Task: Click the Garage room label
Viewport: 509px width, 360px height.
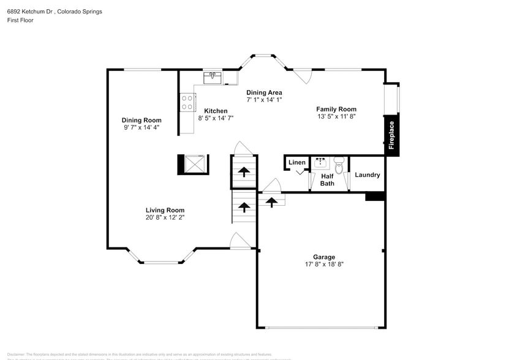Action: point(323,257)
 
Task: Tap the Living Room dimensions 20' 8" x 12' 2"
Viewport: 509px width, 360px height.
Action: point(165,217)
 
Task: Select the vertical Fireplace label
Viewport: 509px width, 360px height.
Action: point(392,135)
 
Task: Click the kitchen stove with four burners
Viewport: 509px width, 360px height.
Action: point(187,102)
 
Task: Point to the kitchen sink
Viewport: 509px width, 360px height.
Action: point(214,77)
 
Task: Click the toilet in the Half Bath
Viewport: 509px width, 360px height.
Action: point(339,162)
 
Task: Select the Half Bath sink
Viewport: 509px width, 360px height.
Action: point(320,162)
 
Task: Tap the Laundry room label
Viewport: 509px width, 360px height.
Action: point(368,175)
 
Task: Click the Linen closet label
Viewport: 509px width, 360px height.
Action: point(297,162)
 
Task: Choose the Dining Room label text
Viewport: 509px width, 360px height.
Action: point(141,120)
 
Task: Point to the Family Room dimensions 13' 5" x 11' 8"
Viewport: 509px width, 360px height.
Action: point(336,116)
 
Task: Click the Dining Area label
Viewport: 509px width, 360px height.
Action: point(264,92)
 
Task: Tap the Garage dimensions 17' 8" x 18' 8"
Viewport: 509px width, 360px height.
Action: point(323,265)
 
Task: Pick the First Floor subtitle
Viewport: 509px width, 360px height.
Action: point(20,20)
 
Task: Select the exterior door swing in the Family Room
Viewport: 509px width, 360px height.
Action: point(304,77)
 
